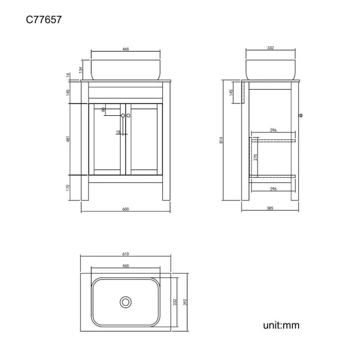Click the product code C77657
point(44,19)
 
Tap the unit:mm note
point(281,325)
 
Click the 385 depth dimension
point(270,209)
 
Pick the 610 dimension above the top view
point(125,254)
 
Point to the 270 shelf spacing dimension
point(255,156)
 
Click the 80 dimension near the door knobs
point(104,110)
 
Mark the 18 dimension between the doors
point(119,132)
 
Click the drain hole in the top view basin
point(126,302)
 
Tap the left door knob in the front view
point(122,115)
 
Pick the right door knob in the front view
point(128,115)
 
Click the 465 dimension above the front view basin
point(125,49)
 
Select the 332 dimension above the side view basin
point(270,49)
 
